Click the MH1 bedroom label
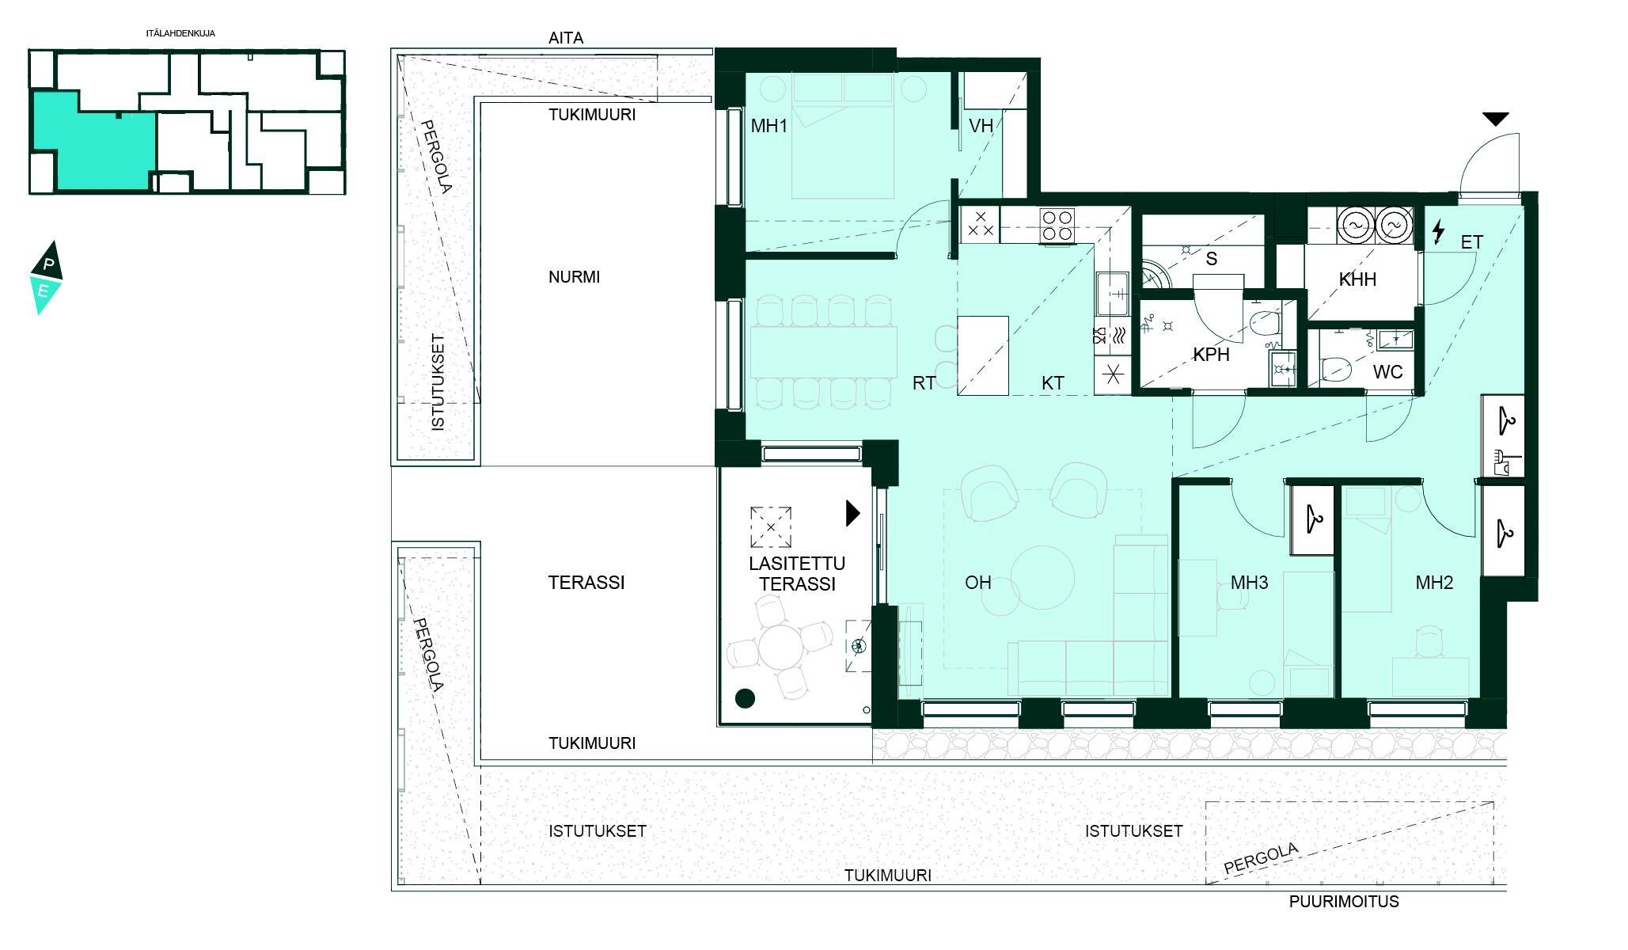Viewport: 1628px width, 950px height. click(768, 126)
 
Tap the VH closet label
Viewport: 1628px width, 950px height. click(981, 126)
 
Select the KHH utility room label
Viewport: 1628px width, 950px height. click(1357, 279)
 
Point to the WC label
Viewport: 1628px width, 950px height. click(1387, 372)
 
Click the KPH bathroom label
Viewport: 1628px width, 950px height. click(1211, 355)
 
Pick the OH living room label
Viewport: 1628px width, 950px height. click(977, 583)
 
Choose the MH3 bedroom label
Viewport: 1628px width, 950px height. click(1249, 583)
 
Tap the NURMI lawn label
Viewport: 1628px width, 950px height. click(574, 277)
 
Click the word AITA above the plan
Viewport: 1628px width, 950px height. click(566, 38)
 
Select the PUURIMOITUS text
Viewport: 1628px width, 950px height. click(1344, 902)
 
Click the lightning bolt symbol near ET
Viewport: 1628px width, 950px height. click(1438, 231)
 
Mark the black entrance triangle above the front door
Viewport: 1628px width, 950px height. click(1495, 120)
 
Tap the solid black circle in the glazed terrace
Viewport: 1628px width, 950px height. click(745, 698)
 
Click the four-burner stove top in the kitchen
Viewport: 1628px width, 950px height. click(1057, 225)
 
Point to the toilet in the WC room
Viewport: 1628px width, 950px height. click(1335, 369)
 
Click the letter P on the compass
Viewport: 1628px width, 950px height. click(48, 264)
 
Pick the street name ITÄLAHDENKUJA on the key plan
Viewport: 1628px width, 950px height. click(180, 34)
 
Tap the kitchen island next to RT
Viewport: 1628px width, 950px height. click(983, 355)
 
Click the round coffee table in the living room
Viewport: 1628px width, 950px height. click(1042, 577)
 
